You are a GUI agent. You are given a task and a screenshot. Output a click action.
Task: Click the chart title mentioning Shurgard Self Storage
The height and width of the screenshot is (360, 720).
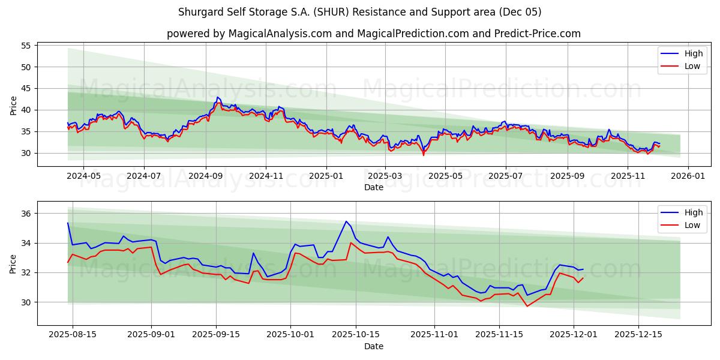point(360,12)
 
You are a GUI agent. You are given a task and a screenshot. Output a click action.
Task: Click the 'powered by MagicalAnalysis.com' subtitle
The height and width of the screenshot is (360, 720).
point(373,34)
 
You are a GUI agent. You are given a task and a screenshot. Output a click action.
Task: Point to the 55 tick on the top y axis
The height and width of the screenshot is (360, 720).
point(26,46)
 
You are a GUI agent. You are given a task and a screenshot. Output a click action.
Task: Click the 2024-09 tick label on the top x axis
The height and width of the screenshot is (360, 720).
point(206,176)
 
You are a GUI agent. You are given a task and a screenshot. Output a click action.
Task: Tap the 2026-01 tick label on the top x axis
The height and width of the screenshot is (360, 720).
point(688,176)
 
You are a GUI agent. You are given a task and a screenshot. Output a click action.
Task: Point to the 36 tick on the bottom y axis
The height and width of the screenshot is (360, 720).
point(26,214)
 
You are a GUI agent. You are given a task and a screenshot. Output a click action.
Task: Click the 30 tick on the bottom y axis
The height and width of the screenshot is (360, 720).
point(26,302)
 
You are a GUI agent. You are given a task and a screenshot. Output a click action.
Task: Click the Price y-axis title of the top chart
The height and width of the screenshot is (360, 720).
point(14,105)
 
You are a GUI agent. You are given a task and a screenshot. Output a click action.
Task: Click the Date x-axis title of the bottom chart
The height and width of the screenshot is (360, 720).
point(373,346)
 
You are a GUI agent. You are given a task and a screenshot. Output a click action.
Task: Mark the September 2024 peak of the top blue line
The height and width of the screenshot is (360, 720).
point(218,97)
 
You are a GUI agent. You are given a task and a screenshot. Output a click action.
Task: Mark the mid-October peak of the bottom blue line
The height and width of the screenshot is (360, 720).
point(346,221)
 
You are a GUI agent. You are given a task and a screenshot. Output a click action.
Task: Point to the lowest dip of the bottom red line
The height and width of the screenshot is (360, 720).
point(527,306)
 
